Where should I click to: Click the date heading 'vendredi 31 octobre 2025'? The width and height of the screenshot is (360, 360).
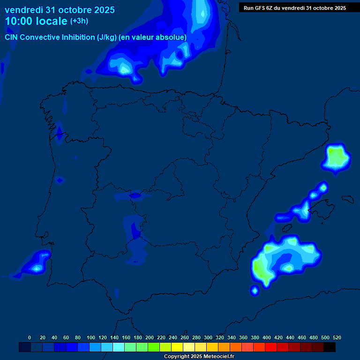[x=60, y=10]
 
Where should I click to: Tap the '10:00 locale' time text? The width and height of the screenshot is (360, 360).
[x=36, y=21]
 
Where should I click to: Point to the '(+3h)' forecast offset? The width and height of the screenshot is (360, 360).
[x=79, y=21]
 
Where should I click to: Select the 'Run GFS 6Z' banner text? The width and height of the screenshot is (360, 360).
[x=295, y=7]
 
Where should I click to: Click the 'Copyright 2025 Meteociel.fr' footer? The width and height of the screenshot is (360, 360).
[x=199, y=357]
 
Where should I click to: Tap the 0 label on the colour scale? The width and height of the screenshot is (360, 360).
[x=30, y=337]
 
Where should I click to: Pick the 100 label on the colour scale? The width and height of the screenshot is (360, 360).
[x=91, y=337]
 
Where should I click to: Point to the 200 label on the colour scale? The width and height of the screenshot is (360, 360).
[x=150, y=337]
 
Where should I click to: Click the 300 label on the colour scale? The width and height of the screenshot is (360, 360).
[x=208, y=337]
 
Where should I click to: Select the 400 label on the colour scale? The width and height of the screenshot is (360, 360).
[x=267, y=337]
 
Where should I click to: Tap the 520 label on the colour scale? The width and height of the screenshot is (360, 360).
[x=337, y=337]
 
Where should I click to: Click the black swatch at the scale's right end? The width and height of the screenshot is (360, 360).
[x=330, y=347]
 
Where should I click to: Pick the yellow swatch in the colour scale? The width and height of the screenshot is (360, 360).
[x=177, y=347]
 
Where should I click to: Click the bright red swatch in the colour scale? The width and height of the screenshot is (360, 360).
[x=271, y=347]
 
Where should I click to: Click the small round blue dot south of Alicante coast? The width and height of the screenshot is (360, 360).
[x=255, y=291]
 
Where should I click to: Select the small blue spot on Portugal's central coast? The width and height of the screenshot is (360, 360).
[x=60, y=180]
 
